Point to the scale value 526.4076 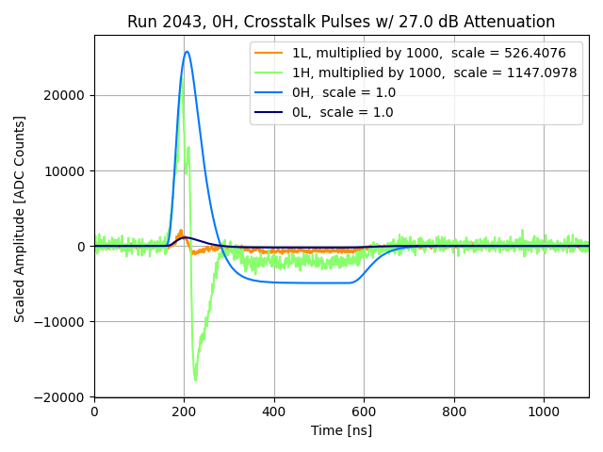tap(530, 53)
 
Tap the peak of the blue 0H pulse tap(187, 52)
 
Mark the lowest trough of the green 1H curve tap(195, 379)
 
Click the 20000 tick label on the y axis tap(66, 95)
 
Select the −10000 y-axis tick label tap(61, 322)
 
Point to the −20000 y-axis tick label tap(61, 397)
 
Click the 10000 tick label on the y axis tap(66, 170)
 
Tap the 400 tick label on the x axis tap(274, 412)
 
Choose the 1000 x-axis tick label tap(544, 412)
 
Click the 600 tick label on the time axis tap(364, 412)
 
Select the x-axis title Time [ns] tap(341, 430)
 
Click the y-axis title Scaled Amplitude tap(20, 218)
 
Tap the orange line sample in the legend tap(269, 53)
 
